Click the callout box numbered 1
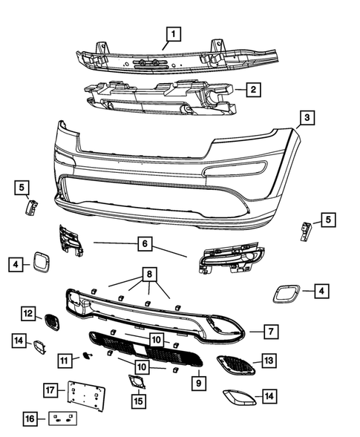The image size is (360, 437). tap(173, 33)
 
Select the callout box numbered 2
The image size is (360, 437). tap(253, 90)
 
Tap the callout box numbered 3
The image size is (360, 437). tap(306, 118)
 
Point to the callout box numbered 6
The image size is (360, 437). tap(145, 242)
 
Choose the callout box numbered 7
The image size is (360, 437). tap(272, 331)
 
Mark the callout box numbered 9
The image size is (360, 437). tap(199, 384)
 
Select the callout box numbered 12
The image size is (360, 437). tap(27, 314)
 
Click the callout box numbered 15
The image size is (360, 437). tap(138, 401)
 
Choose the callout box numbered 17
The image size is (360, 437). tap(50, 390)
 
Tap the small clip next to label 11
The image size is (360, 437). tap(87, 357)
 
